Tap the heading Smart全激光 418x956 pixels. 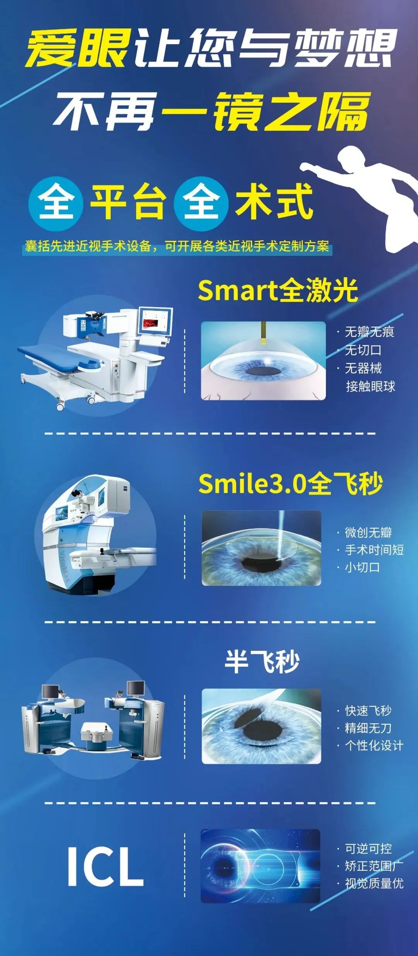(x=278, y=290)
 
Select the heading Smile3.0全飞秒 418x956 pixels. (x=291, y=484)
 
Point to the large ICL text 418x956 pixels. (x=105, y=866)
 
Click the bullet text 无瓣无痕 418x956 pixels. (x=369, y=332)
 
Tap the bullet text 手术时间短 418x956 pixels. (x=374, y=549)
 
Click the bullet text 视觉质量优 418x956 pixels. (x=374, y=883)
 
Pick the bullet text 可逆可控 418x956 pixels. (x=368, y=848)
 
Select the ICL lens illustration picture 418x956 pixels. (x=260, y=866)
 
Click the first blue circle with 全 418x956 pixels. (x=56, y=203)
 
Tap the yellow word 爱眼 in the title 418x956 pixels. (x=78, y=48)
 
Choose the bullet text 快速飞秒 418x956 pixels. (x=368, y=711)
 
